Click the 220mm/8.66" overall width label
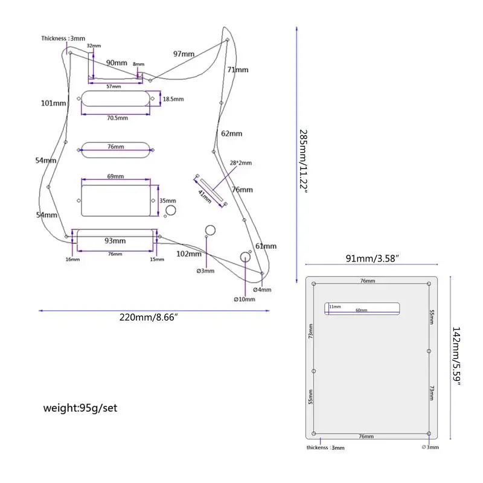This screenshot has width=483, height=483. [149, 318]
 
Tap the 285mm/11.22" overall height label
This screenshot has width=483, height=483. [304, 161]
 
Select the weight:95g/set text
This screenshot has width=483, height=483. [80, 408]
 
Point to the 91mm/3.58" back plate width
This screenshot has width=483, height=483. [373, 258]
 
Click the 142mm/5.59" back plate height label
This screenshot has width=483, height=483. [456, 356]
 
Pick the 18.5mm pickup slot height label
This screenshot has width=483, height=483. [173, 99]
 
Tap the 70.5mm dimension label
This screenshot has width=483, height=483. [117, 118]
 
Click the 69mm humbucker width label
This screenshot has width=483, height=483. [115, 176]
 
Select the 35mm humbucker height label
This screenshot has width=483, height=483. [168, 200]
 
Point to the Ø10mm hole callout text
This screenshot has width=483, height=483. [245, 299]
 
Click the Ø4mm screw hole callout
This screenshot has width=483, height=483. [262, 290]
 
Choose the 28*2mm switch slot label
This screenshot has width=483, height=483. [240, 162]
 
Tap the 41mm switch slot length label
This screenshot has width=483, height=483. [205, 197]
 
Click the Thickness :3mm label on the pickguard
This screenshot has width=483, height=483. [63, 39]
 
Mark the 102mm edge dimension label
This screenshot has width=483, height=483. [189, 254]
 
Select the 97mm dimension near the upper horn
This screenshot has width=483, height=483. [184, 54]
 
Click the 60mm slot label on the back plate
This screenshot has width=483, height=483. [361, 310]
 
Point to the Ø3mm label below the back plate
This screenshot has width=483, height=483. [430, 447]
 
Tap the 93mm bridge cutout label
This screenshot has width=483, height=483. [115, 240]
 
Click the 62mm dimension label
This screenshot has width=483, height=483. [232, 133]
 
